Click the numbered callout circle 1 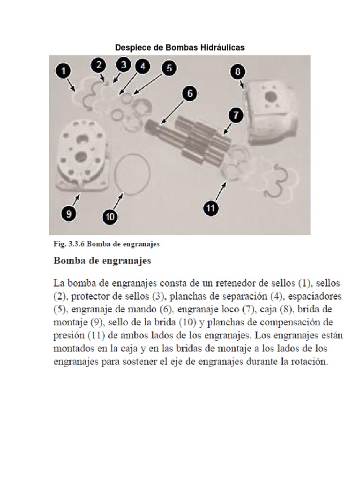pyautogui.click(x=64, y=72)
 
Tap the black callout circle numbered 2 pyautogui.click(x=98, y=65)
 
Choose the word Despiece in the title pyautogui.click(x=131, y=47)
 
